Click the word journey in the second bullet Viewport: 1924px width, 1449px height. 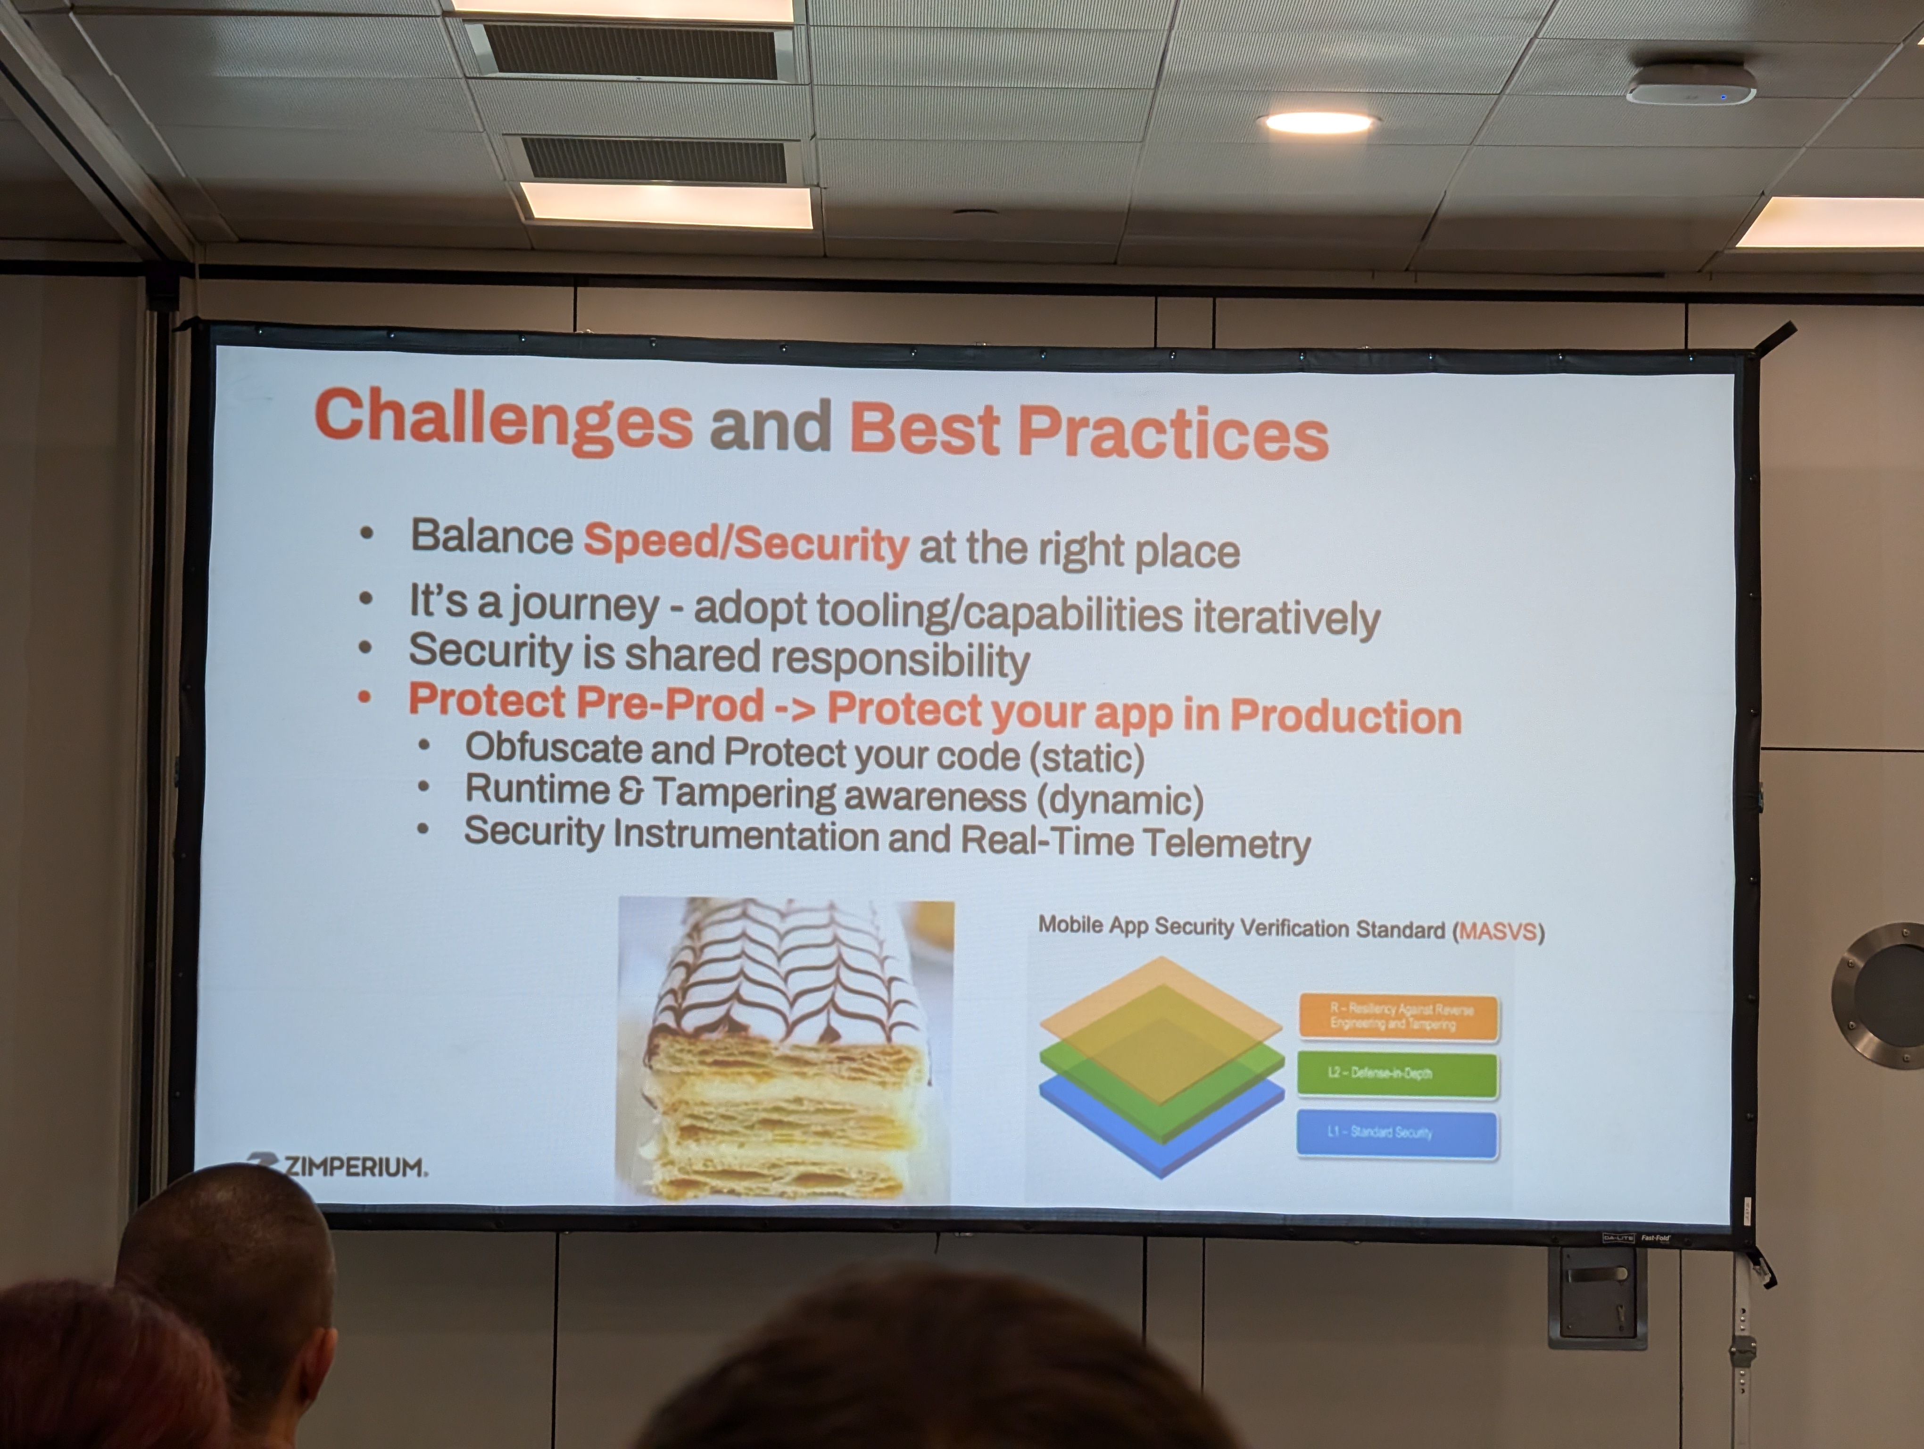pyautogui.click(x=584, y=605)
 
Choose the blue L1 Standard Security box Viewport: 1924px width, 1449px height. pyautogui.click(x=1397, y=1133)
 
